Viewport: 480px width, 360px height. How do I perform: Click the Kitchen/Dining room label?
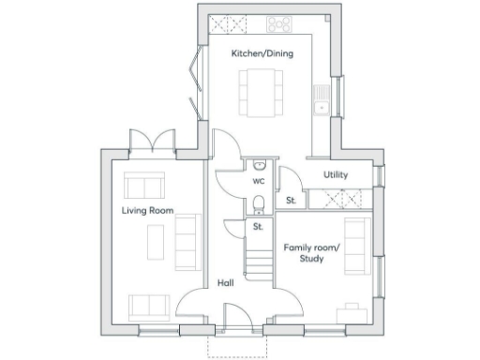(262, 53)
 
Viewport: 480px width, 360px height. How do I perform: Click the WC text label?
(259, 181)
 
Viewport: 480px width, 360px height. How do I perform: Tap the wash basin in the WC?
(259, 165)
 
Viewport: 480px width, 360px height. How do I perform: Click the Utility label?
(337, 175)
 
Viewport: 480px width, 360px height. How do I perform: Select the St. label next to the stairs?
(259, 227)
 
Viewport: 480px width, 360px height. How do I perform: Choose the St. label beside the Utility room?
(292, 200)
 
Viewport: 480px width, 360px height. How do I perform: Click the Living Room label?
(147, 211)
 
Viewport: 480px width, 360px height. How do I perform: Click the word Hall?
(226, 281)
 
